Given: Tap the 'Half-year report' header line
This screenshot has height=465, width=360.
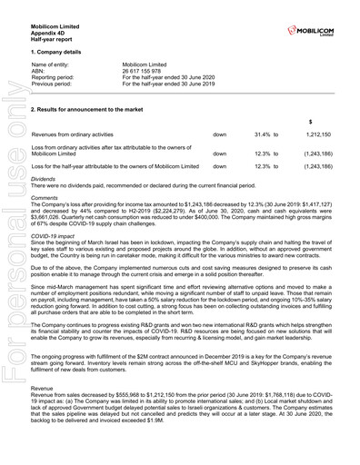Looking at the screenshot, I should (54, 32).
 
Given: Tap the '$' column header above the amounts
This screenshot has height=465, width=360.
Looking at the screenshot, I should (312, 122).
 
